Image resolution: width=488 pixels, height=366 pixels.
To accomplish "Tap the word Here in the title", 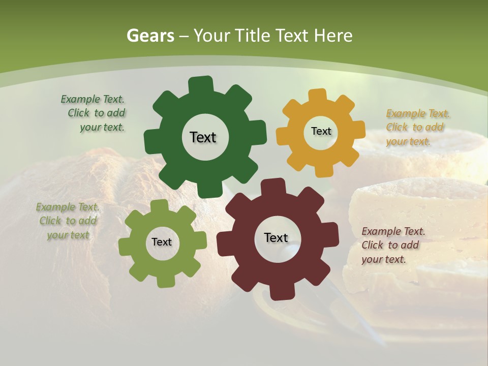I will pos(333,36).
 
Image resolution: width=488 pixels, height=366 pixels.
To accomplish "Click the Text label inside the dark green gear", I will pos(203,137).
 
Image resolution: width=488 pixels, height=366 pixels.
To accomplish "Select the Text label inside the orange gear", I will pos(321,131).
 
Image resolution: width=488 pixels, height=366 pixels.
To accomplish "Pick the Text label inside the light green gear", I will pos(162,242).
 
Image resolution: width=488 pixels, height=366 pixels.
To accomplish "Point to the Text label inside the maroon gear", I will pos(276,237).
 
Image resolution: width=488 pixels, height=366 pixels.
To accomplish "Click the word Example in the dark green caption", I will pos(80,100).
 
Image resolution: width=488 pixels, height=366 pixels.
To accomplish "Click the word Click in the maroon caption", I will pos(372,245).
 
